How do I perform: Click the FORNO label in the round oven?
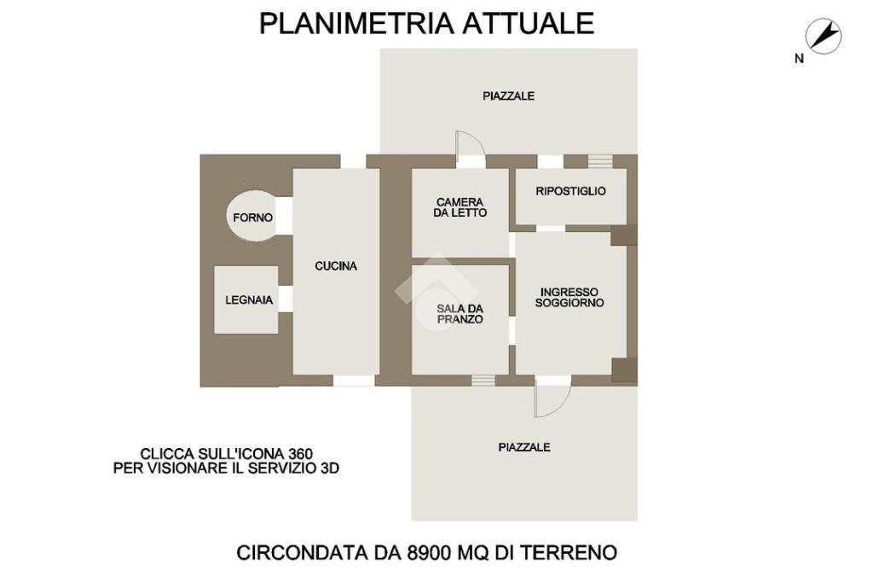(252, 218)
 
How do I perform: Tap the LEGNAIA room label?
(249, 300)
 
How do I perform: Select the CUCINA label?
(336, 266)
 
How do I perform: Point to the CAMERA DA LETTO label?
(460, 207)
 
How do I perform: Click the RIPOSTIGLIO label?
(570, 191)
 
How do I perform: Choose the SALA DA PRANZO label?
(460, 314)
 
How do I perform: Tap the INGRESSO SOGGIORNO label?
(569, 297)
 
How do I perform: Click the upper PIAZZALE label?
(508, 96)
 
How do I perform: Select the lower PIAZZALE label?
(524, 447)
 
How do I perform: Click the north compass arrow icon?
(824, 36)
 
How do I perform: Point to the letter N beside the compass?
(800, 59)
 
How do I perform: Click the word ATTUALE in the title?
(529, 23)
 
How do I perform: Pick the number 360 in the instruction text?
(301, 453)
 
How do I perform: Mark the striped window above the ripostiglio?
(600, 161)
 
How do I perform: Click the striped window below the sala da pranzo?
(483, 381)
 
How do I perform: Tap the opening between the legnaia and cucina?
(285, 299)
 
